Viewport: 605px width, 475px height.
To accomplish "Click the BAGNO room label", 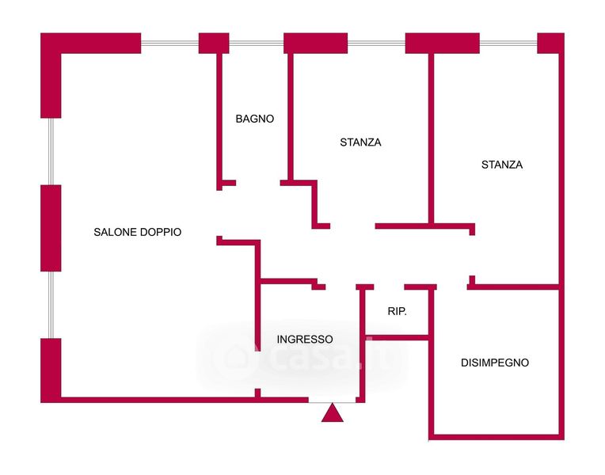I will [254, 119].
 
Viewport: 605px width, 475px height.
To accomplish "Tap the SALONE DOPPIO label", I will [138, 232].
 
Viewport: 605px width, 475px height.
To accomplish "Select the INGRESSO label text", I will [305, 339].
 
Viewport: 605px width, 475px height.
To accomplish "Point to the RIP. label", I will [398, 311].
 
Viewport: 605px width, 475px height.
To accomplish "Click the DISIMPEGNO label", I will [495, 363].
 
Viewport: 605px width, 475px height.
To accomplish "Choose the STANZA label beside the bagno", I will [360, 142].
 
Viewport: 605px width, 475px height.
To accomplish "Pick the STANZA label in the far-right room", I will [502, 165].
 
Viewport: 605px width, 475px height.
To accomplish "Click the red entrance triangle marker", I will [333, 412].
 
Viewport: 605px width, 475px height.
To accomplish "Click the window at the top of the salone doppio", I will [169, 43].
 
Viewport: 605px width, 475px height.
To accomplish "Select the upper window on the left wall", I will [51, 151].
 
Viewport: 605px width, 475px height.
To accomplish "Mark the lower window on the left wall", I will [51, 305].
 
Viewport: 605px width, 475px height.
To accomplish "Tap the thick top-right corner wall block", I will [550, 43].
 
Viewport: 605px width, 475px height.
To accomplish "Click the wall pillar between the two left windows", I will [51, 228].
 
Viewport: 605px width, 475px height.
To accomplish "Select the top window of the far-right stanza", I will [508, 43].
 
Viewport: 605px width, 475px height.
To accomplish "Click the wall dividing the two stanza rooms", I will [431, 139].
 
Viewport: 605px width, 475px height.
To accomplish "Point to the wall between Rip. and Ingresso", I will [361, 340].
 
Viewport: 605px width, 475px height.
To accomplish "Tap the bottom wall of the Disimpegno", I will [496, 436].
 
